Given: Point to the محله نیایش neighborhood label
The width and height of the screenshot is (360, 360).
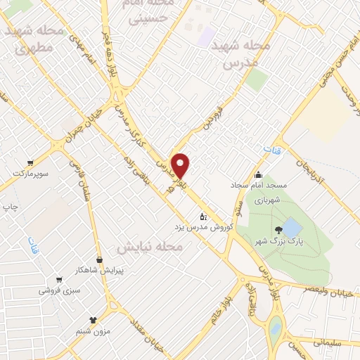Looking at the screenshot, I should coord(149,247).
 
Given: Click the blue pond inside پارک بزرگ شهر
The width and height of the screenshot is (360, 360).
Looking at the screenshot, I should coord(291,229).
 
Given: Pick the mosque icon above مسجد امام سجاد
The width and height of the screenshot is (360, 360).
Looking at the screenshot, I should coord(258,175).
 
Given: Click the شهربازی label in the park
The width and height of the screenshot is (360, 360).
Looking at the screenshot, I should coord(266,199).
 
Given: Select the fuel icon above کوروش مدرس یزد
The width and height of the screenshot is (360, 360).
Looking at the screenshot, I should coord(203,215).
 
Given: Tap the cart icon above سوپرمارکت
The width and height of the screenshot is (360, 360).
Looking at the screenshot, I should coord(29,160).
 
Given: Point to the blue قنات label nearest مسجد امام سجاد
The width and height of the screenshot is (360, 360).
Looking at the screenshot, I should coord(270,151).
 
